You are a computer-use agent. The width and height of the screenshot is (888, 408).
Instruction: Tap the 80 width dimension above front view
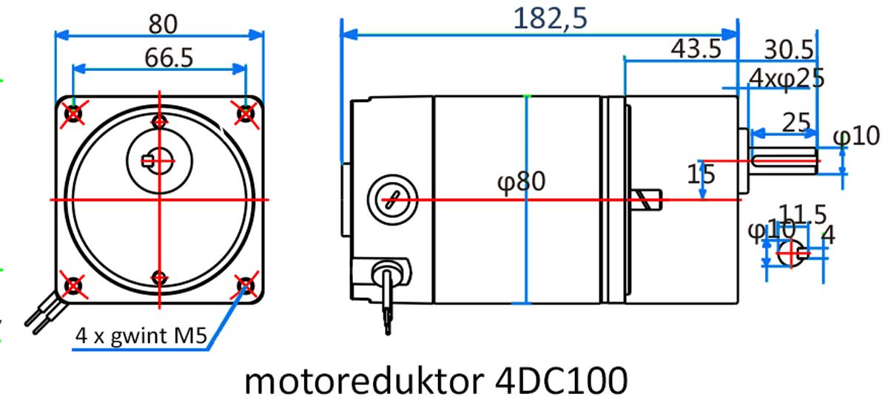(162, 24)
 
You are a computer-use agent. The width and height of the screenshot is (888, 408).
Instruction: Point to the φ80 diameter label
(522, 181)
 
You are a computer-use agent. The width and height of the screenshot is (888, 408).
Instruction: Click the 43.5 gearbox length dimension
(696, 50)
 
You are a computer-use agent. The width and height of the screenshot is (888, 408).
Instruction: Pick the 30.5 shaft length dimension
(789, 50)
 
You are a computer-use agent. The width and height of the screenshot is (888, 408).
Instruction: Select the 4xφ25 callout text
(787, 78)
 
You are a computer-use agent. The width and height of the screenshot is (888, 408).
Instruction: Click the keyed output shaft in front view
(160, 157)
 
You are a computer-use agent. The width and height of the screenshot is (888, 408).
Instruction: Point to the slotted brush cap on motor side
(390, 199)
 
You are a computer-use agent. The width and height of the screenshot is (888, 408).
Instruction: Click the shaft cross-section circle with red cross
(790, 254)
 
